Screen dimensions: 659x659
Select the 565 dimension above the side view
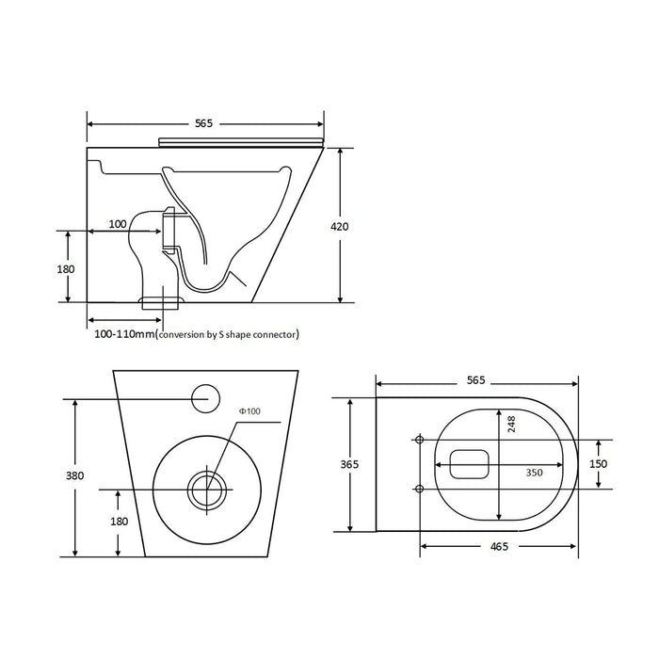(x=204, y=123)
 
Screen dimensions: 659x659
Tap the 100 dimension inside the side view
(x=118, y=224)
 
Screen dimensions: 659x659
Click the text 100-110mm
(x=124, y=333)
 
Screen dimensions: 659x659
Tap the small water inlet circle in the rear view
(x=204, y=399)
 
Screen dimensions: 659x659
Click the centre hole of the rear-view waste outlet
(x=206, y=489)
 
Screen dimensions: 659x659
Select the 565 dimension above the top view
(x=475, y=380)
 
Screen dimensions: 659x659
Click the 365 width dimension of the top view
(x=350, y=463)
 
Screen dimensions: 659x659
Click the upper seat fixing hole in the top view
(x=419, y=439)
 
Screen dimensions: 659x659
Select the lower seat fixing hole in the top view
(x=419, y=488)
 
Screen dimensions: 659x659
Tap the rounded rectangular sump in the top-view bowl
(x=468, y=463)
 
